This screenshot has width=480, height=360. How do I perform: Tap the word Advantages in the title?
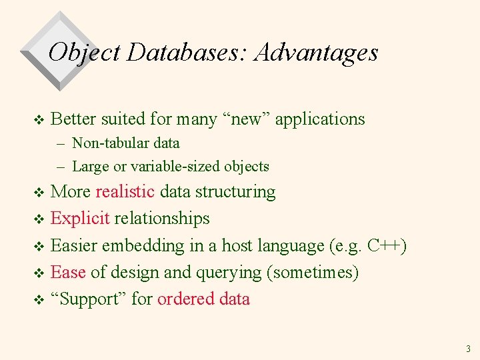pyautogui.click(x=316, y=52)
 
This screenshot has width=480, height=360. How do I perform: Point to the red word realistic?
pyautogui.click(x=125, y=192)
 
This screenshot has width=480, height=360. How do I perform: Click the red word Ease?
pyautogui.click(x=68, y=272)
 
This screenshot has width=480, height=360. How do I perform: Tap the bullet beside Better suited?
pyautogui.click(x=38, y=120)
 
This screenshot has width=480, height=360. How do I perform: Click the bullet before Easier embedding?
pyautogui.click(x=38, y=247)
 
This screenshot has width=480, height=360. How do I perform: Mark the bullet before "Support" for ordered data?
pyautogui.click(x=38, y=300)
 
